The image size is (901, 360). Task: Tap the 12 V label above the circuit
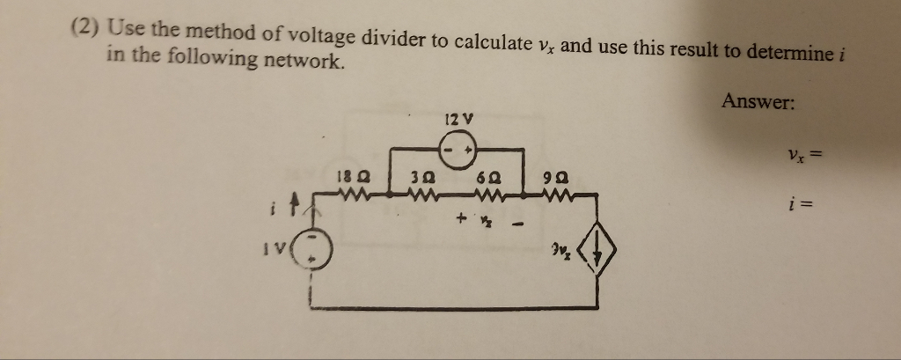click(x=459, y=118)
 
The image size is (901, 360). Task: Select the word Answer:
click(x=758, y=103)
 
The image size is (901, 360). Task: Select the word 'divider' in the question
click(x=407, y=40)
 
